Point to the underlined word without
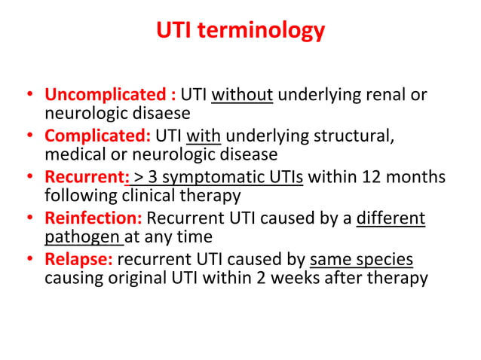[x=242, y=96]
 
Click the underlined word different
[x=391, y=219]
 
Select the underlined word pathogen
[x=82, y=237]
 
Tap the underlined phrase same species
[x=361, y=260]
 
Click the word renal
[x=387, y=96]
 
